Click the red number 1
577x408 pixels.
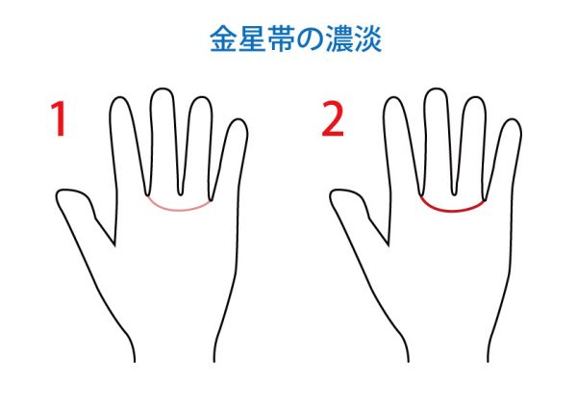(x=59, y=118)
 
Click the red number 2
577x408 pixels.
(x=333, y=118)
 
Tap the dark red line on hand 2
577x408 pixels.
(x=453, y=210)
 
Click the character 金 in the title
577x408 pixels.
(x=223, y=38)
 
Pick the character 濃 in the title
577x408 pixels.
(x=339, y=38)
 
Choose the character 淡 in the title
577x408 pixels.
(x=367, y=38)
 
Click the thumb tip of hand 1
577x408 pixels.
(x=58, y=194)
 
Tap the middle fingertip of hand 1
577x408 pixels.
(x=162, y=89)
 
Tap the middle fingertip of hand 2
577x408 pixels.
(x=436, y=89)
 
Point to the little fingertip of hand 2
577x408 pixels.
(x=512, y=120)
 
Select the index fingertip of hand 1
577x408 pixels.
(x=120, y=98)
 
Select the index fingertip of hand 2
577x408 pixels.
(x=393, y=98)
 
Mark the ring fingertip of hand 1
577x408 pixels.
(x=201, y=97)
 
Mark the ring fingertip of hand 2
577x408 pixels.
(x=475, y=97)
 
